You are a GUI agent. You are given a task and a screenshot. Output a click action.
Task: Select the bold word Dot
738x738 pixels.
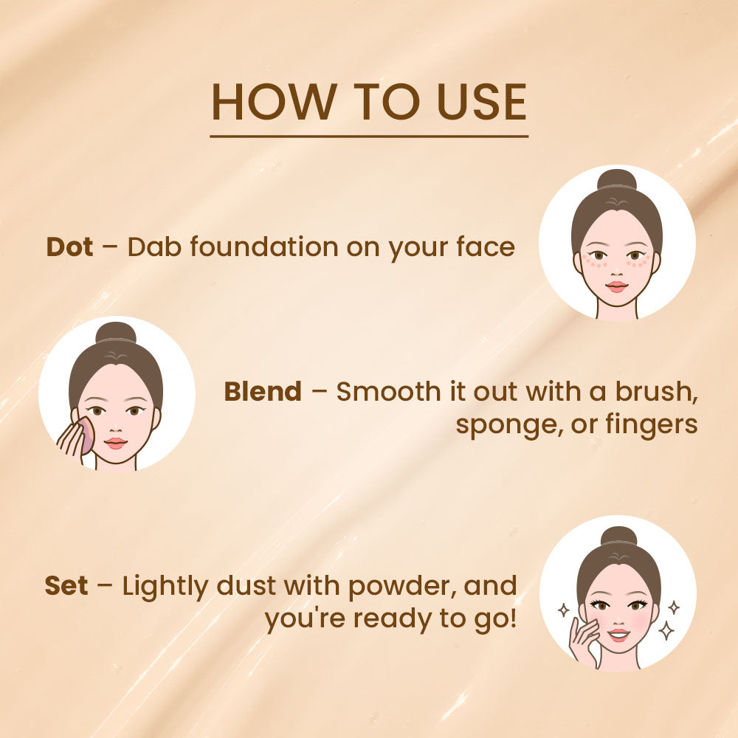tap(70, 247)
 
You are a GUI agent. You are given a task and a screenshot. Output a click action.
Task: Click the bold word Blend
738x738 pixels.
tap(263, 392)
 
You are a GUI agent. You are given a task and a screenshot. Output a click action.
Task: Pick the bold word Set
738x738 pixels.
tap(66, 587)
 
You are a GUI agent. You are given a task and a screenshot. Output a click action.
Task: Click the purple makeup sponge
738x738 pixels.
tap(86, 435)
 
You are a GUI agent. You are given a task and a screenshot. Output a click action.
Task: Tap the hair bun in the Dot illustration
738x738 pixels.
tap(617, 180)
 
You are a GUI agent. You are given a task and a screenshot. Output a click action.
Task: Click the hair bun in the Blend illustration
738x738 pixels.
tap(116, 332)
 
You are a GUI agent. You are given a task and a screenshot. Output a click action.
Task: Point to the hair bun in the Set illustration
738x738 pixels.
tap(618, 537)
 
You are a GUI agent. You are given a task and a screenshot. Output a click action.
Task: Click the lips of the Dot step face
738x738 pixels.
tap(617, 286)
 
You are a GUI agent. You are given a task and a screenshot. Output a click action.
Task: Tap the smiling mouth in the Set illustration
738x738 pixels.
tap(619, 635)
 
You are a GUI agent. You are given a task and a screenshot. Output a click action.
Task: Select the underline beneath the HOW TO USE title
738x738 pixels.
tap(369, 137)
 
